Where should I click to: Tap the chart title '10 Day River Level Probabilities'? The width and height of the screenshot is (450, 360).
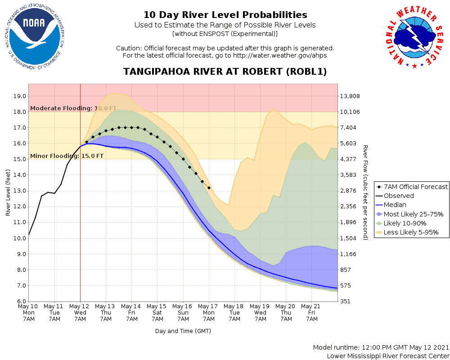(225, 15)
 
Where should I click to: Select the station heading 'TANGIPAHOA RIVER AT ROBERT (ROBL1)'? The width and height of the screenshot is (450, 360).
(225, 72)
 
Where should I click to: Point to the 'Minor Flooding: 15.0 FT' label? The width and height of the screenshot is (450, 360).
(67, 156)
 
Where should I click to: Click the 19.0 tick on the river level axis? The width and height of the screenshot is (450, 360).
(18, 96)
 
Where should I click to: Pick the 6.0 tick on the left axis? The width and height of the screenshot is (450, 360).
(20, 301)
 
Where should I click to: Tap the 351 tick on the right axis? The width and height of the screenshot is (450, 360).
(347, 301)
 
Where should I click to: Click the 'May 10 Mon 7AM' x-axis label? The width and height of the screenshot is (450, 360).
(29, 312)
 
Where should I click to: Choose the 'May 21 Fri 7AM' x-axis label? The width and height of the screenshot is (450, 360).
(312, 312)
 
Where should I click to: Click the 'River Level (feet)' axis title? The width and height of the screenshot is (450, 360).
(8, 193)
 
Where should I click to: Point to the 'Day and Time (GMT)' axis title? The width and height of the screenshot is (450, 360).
(183, 331)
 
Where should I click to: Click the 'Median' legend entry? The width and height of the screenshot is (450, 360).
(396, 205)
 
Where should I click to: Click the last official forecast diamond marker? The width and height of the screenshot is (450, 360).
(209, 188)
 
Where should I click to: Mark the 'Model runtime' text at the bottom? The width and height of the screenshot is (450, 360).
(381, 348)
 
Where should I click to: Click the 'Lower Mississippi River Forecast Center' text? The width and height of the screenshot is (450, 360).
(388, 356)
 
